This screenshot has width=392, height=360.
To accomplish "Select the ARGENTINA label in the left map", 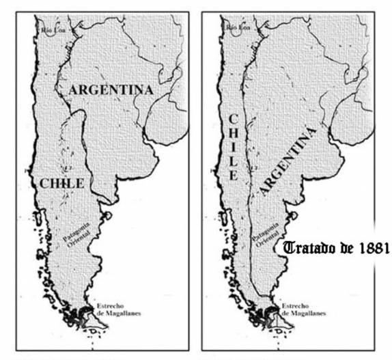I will (111, 89).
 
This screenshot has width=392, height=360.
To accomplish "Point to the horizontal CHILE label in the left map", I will (61, 182).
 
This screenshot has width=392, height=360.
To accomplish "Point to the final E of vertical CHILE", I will (232, 174).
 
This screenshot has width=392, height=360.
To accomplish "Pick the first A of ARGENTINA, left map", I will (74, 89).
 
